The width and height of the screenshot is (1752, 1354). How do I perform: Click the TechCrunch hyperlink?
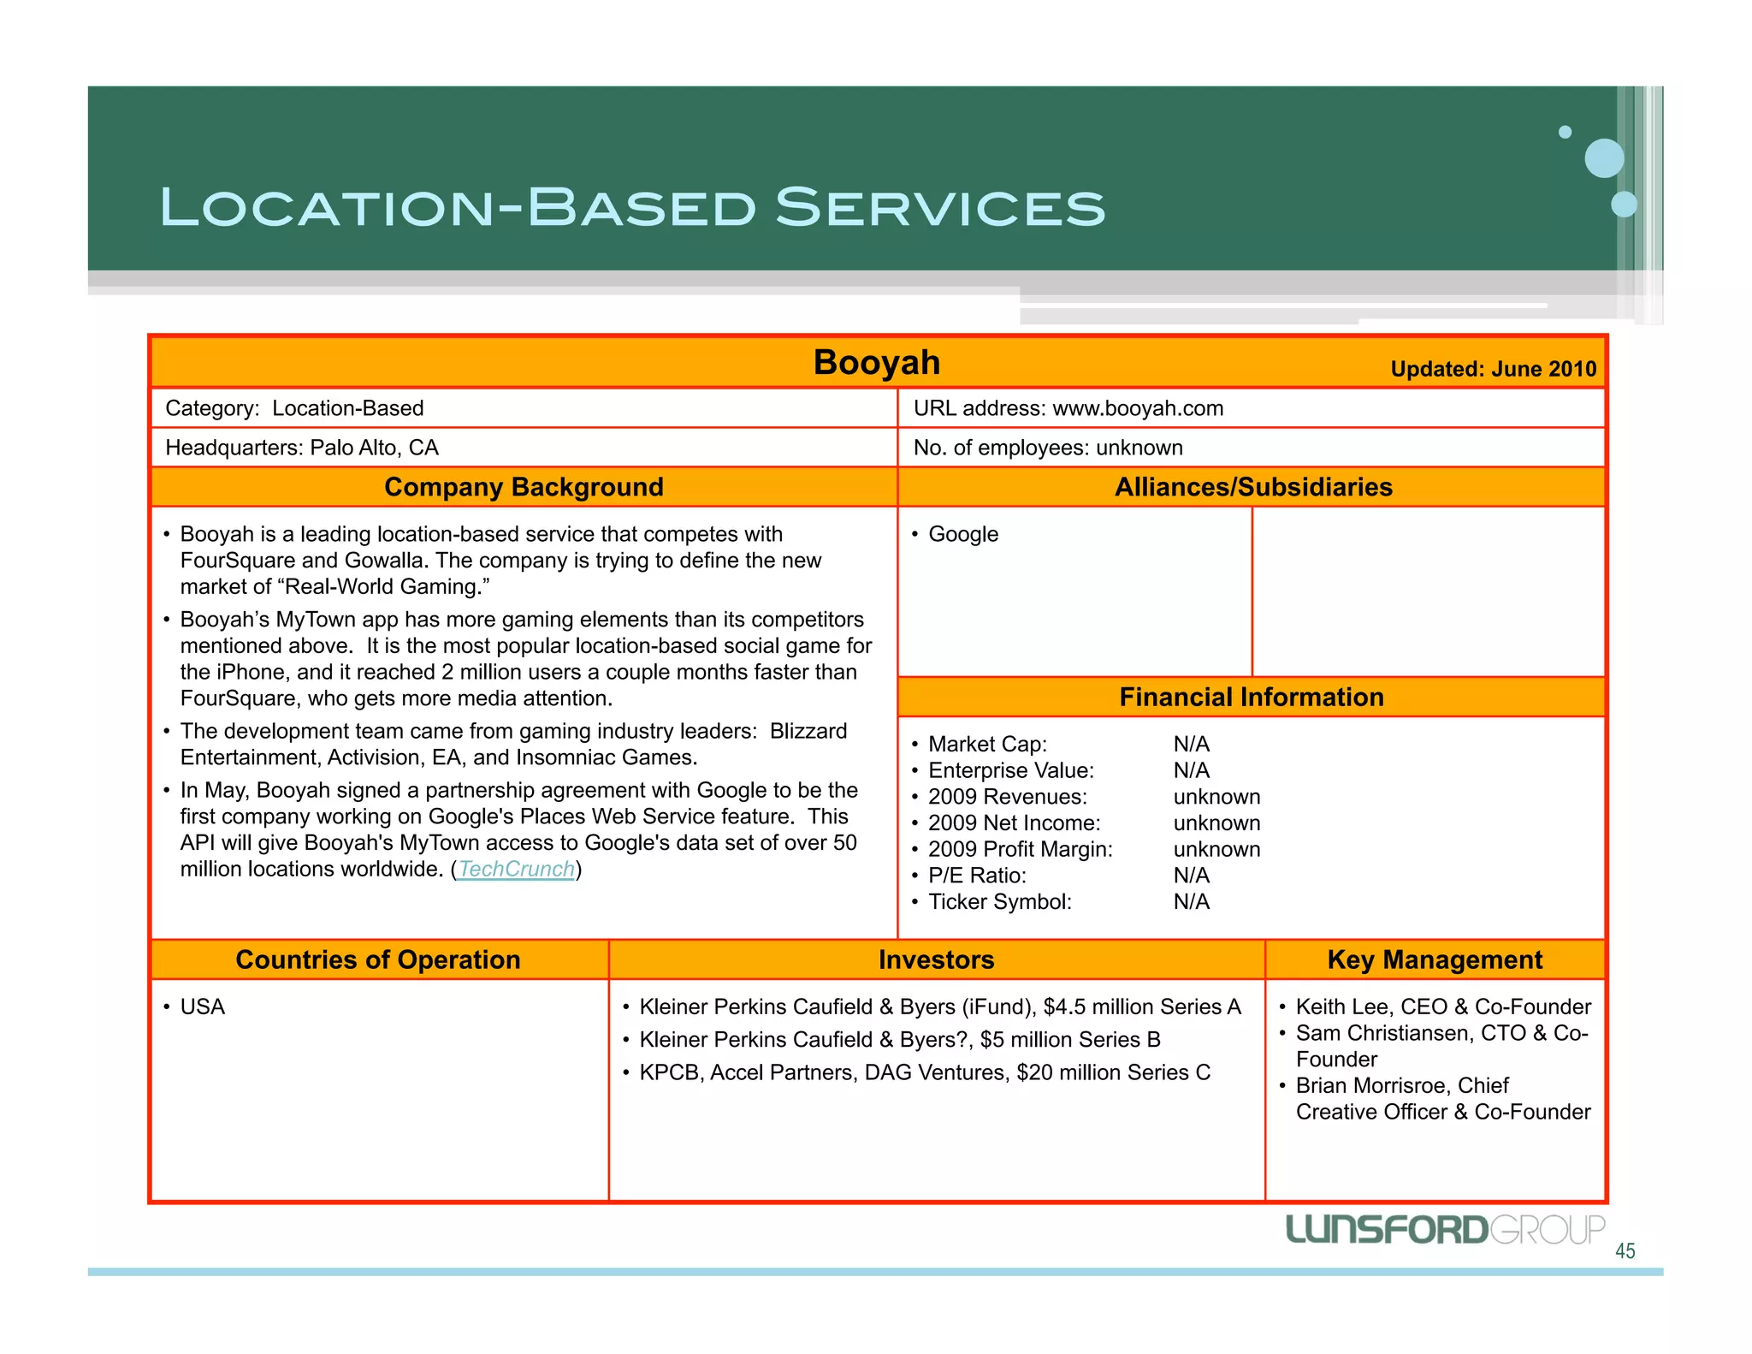coord(516,870)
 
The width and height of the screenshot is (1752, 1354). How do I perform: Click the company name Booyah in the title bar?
coord(876,363)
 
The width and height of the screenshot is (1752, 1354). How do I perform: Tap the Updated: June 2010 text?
coord(1493,369)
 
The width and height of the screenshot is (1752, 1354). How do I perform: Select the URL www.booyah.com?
coord(1138,408)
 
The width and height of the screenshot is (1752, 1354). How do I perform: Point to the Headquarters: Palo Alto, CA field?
coord(302,448)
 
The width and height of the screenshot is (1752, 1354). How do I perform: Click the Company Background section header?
coord(524,487)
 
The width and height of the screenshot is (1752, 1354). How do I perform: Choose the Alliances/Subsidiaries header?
coord(1252,487)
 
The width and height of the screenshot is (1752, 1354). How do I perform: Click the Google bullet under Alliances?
coord(963,534)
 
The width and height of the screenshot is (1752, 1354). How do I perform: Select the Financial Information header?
coord(1251,697)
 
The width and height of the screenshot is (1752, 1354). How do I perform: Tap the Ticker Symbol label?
coord(999,902)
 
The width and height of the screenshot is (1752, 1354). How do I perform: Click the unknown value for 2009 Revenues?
coord(1216,797)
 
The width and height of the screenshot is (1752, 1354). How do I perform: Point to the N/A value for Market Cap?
coord(1191,745)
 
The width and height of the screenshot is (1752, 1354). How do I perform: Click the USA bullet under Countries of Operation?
coord(203,1007)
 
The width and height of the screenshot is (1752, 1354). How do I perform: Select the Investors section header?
coord(936,959)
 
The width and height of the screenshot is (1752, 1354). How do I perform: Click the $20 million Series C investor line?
coord(924,1072)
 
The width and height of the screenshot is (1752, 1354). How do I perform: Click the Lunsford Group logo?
coord(1445,1230)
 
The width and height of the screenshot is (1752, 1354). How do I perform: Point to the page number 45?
coord(1625,1251)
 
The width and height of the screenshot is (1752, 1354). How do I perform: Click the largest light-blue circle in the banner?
coord(1604,158)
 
